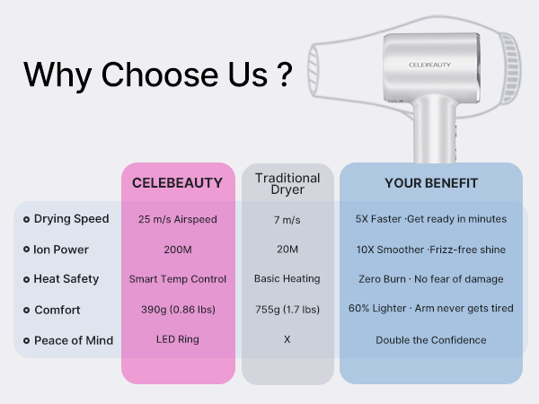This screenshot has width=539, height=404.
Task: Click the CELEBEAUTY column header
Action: click(x=177, y=183)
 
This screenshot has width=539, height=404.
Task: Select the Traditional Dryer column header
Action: click(x=287, y=184)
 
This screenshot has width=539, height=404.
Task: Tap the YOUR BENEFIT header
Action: click(x=431, y=183)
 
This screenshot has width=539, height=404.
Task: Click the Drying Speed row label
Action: click(x=71, y=219)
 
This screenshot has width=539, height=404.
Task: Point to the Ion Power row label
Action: click(x=61, y=250)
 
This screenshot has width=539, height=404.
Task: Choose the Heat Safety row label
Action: click(x=66, y=279)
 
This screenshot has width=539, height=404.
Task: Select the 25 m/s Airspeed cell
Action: click(x=178, y=219)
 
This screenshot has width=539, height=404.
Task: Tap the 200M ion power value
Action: click(x=178, y=250)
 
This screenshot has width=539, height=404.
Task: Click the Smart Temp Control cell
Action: click(x=178, y=279)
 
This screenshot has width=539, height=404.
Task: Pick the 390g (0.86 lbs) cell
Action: click(x=178, y=310)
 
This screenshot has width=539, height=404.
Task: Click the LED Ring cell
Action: click(x=178, y=340)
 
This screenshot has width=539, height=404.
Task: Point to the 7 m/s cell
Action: click(x=287, y=219)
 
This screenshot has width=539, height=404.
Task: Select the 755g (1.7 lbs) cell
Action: click(x=287, y=310)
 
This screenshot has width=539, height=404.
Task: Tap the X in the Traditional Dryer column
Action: click(x=287, y=340)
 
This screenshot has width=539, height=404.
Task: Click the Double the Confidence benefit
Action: click(x=431, y=340)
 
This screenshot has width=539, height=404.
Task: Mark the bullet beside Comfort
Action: click(x=26, y=310)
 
